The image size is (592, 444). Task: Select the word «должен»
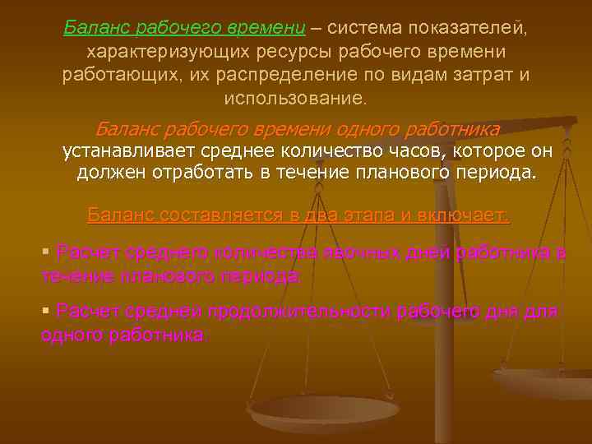click(x=109, y=173)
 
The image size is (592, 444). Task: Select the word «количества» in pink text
click(x=252, y=253)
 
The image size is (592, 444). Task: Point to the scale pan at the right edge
click(x=547, y=381)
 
